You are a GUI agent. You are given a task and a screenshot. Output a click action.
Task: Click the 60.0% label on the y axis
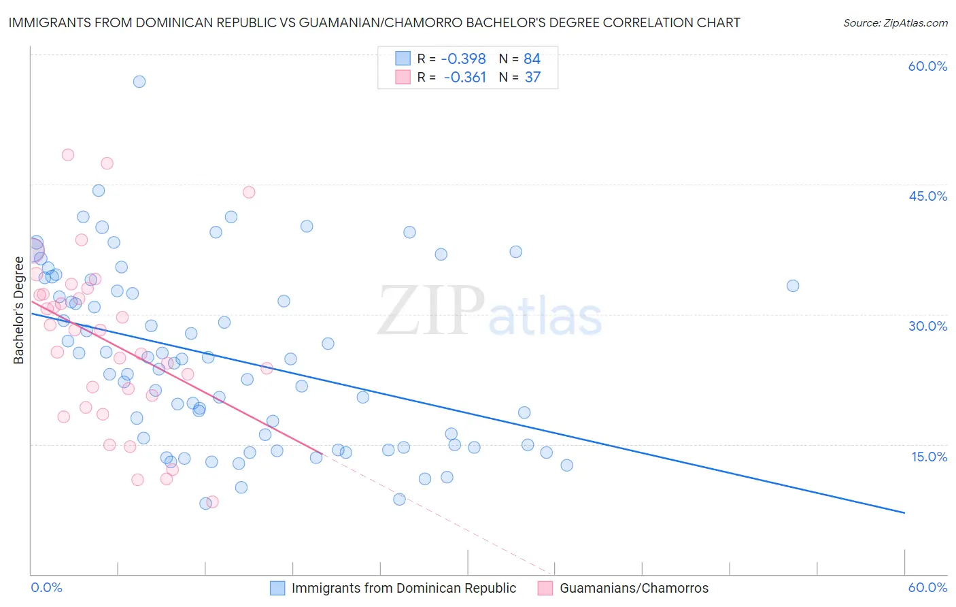click(927, 66)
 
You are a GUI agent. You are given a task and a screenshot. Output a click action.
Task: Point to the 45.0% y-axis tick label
click(927, 196)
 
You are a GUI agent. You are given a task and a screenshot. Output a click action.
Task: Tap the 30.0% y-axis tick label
click(927, 326)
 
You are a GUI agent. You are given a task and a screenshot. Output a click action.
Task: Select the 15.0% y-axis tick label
click(929, 457)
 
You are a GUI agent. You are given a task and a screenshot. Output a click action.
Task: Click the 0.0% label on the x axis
click(46, 587)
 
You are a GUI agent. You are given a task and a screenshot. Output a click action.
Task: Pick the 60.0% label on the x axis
click(927, 587)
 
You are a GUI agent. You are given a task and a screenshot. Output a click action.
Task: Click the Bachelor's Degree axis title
click(19, 310)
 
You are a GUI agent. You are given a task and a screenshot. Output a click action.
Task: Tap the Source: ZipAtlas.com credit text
click(895, 22)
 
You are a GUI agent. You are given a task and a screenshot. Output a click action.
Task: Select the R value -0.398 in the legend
click(464, 59)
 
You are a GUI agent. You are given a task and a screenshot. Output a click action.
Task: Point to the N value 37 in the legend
click(532, 77)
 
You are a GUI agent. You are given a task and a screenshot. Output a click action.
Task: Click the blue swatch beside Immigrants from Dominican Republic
click(277, 588)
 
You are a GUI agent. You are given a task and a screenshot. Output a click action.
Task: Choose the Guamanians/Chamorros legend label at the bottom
click(634, 588)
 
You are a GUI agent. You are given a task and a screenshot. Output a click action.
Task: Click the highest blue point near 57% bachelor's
click(139, 82)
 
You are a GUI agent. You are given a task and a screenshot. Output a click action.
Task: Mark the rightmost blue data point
click(793, 286)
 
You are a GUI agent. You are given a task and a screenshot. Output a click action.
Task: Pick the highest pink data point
click(68, 154)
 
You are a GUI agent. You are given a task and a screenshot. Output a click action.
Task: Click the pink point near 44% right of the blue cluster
click(249, 192)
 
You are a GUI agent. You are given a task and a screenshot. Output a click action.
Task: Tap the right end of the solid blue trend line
click(904, 512)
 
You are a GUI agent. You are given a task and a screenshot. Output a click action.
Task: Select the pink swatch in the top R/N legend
click(403, 77)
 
